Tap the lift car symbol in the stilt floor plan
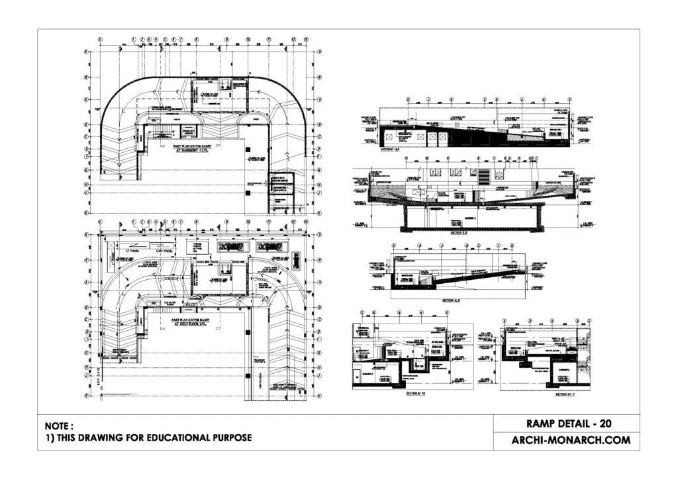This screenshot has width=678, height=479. [x=224, y=267]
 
